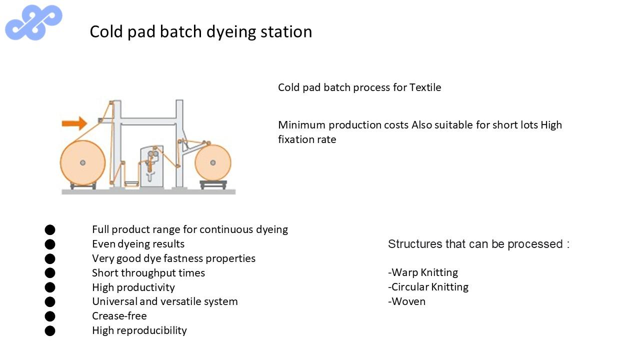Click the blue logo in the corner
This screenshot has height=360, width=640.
33,22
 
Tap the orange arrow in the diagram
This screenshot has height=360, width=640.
74,123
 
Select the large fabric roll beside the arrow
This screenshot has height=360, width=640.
83,163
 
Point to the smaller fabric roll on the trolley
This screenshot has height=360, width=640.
213,163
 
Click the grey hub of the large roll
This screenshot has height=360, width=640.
83,163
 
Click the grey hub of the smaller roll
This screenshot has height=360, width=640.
213,163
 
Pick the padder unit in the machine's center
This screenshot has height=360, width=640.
151,166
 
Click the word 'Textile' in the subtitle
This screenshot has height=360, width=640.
425,87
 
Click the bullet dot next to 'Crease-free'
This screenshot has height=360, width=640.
50,316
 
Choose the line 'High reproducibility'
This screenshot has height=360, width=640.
139,330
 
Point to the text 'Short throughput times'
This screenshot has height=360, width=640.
148,273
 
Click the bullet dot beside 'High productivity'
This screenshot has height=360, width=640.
50,287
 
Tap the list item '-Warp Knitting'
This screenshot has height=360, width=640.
423,272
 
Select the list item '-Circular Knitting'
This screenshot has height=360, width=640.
428,287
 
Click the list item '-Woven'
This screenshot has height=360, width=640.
407,301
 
